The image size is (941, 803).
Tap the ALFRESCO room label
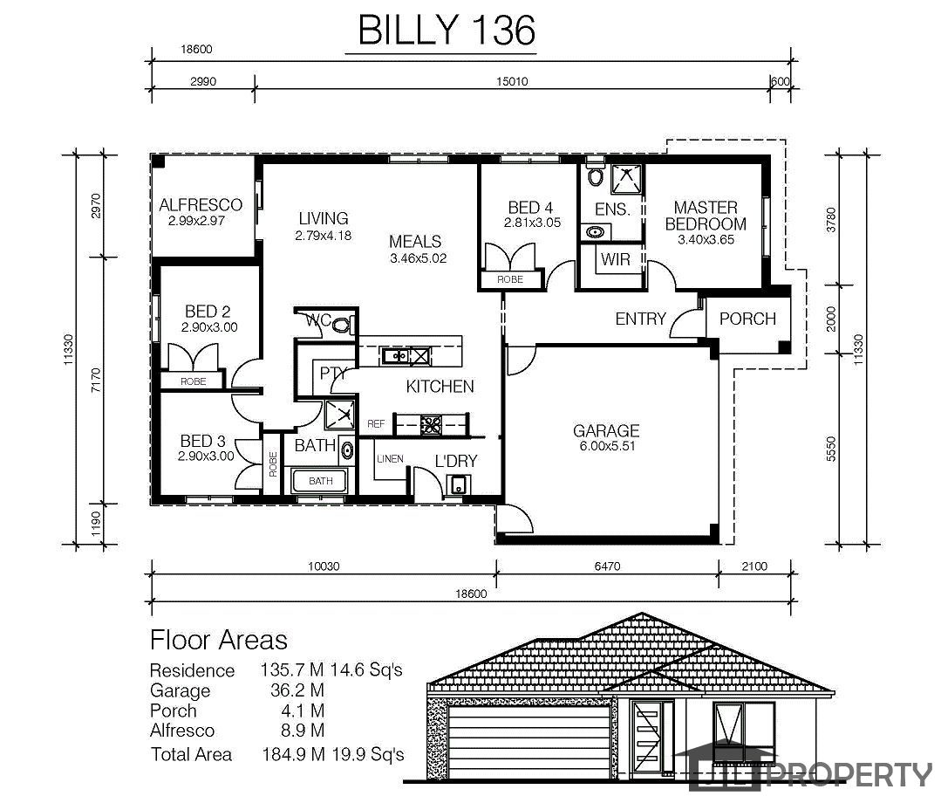point(201,205)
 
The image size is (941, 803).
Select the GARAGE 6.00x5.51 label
point(606,438)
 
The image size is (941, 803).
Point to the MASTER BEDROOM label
point(706,216)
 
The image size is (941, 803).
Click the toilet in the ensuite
point(596,175)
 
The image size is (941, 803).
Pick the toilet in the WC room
point(341,326)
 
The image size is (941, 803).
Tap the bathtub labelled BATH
point(319,481)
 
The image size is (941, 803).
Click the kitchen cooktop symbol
point(430,424)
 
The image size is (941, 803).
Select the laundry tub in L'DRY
point(459,484)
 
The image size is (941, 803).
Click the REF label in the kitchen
point(376,424)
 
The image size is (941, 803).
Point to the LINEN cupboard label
point(390,459)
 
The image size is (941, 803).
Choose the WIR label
point(615,259)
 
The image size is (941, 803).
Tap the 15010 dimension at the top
point(512,81)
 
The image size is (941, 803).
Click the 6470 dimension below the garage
point(607,566)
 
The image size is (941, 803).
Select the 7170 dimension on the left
point(96,381)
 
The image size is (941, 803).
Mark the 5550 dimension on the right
point(830,449)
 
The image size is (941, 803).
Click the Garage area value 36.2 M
point(297,690)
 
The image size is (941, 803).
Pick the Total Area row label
point(191,754)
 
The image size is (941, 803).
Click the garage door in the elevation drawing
point(530,743)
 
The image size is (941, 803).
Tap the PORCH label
point(747,319)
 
